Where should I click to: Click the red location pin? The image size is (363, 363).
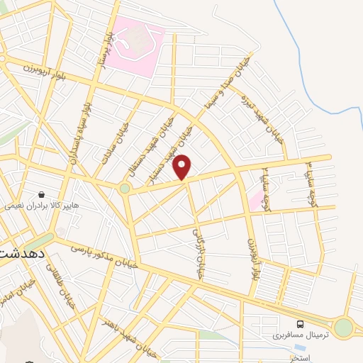pos(182,167)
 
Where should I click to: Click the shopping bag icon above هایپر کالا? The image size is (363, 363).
pos(42,193)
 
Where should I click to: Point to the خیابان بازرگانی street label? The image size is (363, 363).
pos(198,252)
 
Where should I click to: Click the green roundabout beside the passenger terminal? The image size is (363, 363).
pos(344,328)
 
